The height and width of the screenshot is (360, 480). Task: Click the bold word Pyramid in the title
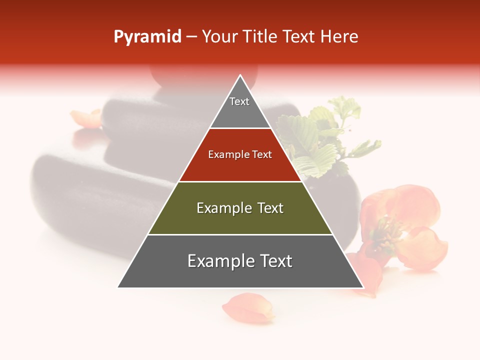coord(147,37)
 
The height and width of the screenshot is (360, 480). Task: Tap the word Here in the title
coord(339,37)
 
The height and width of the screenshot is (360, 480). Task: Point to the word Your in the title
coord(220,37)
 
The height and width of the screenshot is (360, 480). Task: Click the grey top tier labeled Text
coord(239,107)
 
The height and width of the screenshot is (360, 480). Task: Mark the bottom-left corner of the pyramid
coord(118,287)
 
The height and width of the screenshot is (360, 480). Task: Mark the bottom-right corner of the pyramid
coord(363,287)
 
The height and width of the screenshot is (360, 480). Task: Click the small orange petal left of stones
coord(86,118)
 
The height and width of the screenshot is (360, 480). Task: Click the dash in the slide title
coord(191,37)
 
